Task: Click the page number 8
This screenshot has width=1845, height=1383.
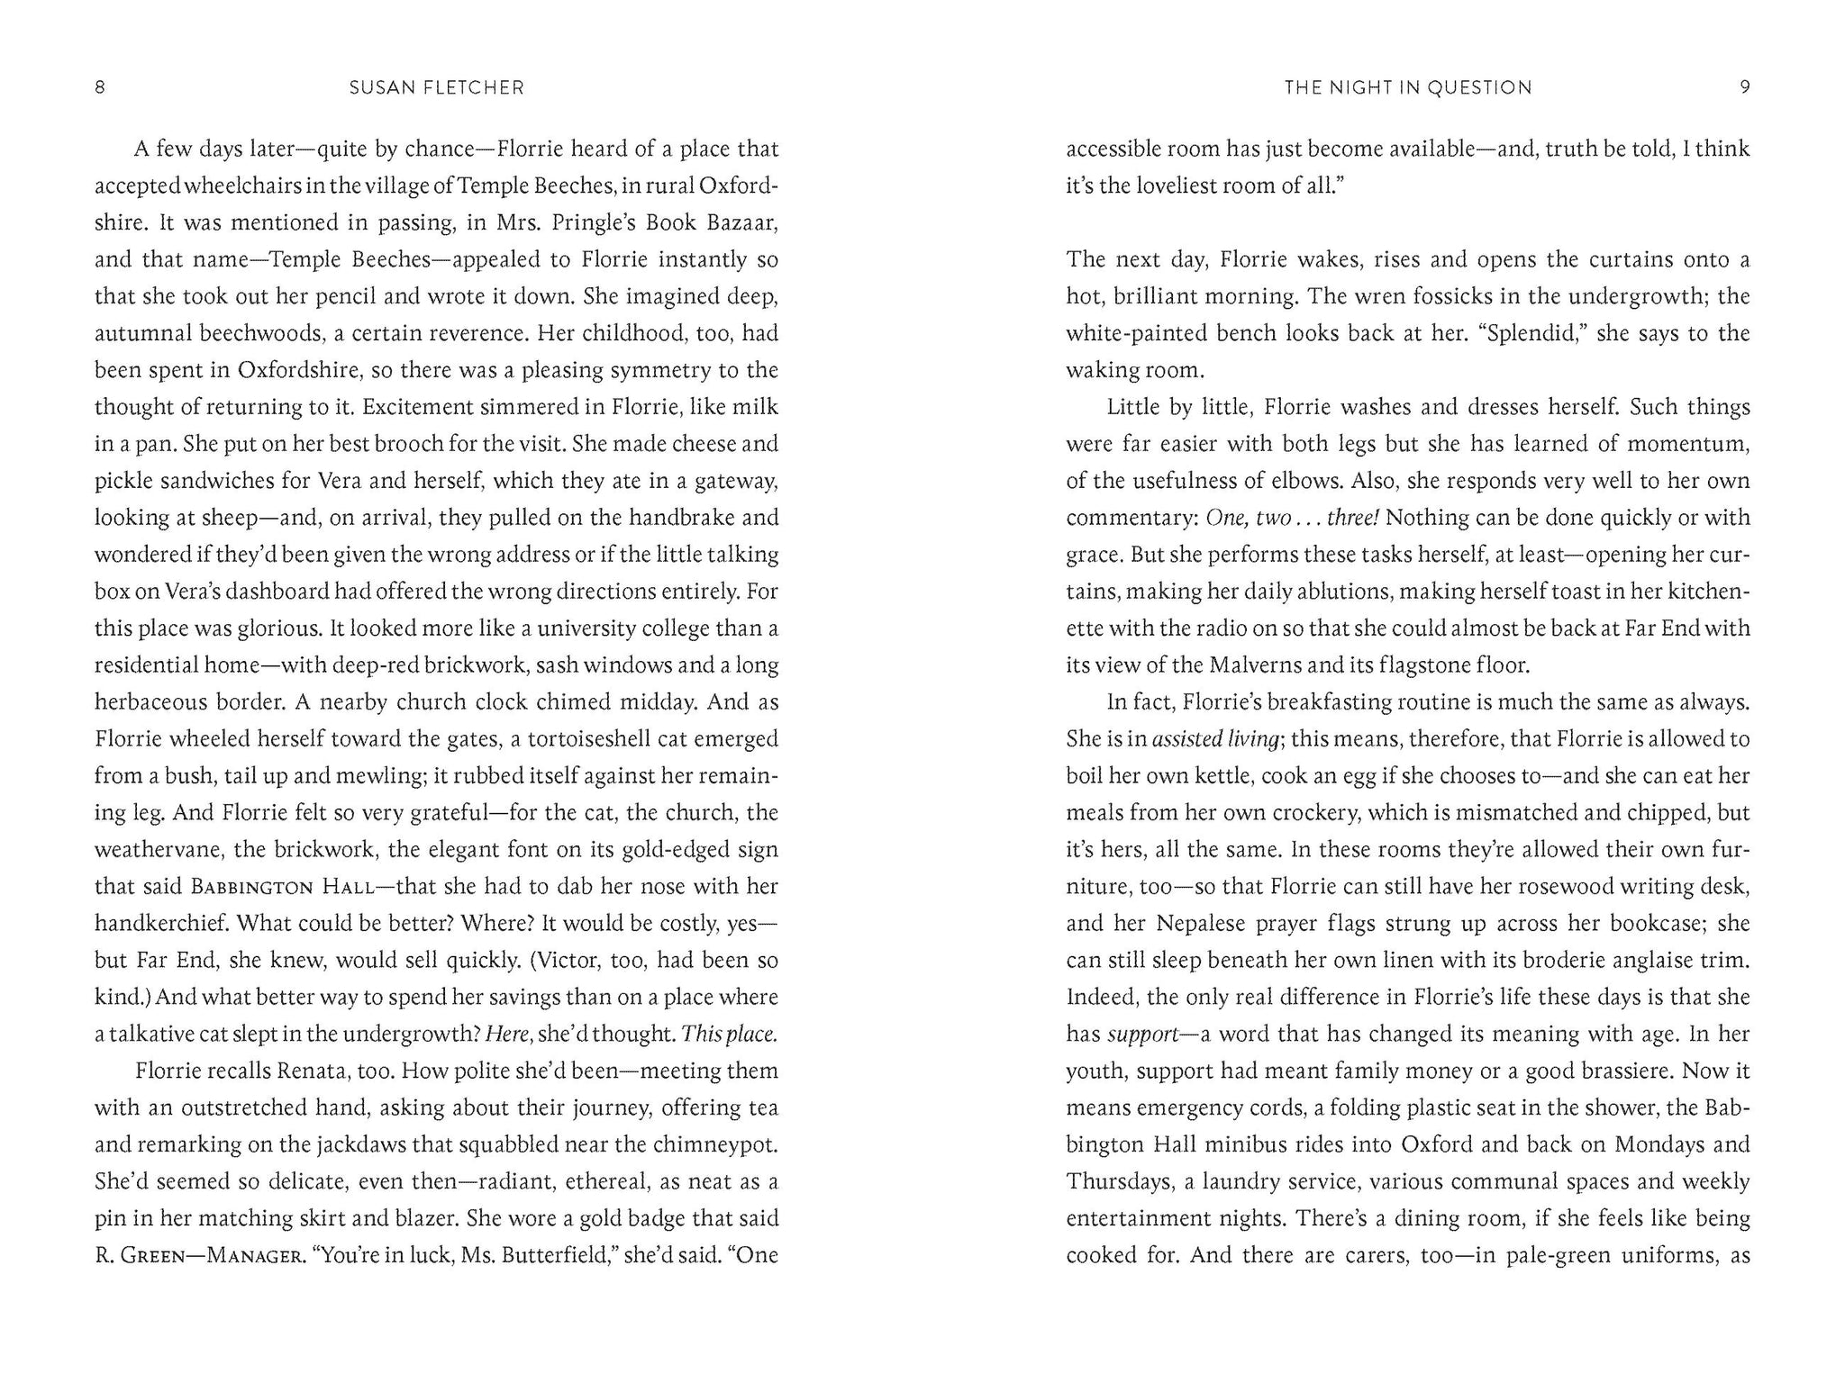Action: click(100, 87)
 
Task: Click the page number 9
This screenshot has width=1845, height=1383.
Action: click(1744, 87)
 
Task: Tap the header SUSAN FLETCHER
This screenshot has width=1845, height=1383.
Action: click(436, 87)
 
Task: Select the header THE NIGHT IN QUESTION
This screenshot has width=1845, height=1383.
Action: click(1407, 87)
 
